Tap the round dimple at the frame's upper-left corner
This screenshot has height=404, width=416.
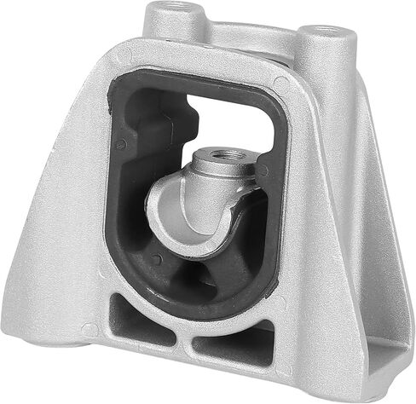(x=127, y=58)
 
